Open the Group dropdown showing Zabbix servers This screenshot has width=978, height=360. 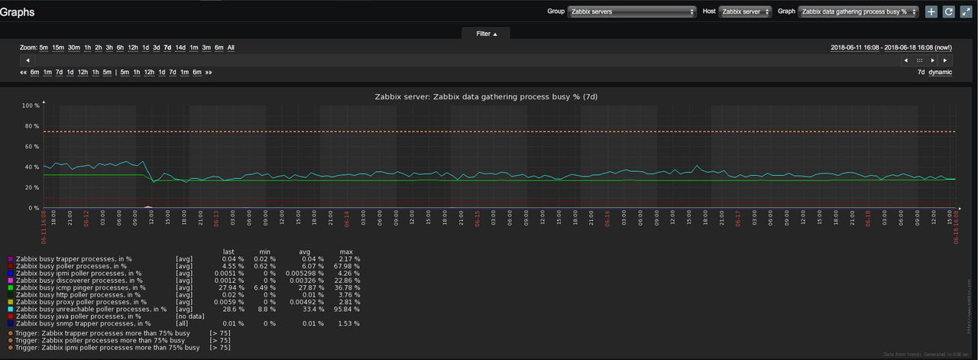pos(632,11)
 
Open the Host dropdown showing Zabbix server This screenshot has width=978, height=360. pos(744,11)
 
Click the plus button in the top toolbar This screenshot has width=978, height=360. pos(931,11)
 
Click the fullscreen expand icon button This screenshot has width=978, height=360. pos(966,11)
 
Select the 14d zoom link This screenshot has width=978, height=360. pos(180,47)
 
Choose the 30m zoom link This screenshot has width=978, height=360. pos(74,47)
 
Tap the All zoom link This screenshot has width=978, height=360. pos(231,47)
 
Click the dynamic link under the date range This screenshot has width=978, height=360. pos(940,72)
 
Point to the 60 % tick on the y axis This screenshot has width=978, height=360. pos(32,146)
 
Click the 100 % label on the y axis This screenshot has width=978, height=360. pos(31,105)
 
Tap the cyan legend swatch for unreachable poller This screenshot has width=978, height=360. pos(10,309)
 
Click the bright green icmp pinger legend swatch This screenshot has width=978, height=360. pos(10,287)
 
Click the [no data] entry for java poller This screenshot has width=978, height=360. pos(189,316)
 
